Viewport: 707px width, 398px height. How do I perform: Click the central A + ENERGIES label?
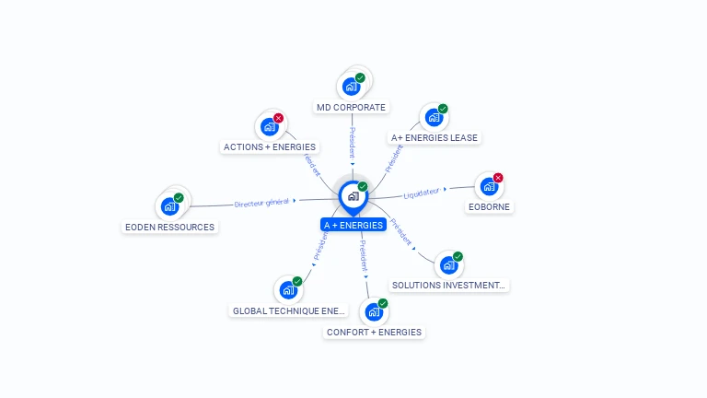(x=353, y=225)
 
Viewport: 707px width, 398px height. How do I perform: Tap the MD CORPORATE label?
(x=351, y=107)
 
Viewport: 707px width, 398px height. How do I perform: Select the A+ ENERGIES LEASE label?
(x=435, y=137)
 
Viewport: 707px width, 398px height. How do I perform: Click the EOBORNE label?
(x=489, y=206)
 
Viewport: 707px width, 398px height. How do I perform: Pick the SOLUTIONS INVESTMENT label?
(x=449, y=285)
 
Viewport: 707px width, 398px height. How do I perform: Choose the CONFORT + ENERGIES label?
(x=374, y=332)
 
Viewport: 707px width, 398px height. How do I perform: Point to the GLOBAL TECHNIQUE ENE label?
(x=289, y=310)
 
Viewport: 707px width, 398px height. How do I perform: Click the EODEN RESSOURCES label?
(x=169, y=227)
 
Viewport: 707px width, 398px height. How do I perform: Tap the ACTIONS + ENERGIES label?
(x=270, y=146)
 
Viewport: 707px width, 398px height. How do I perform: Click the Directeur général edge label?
(x=261, y=203)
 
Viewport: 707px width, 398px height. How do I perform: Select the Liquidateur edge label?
(x=422, y=193)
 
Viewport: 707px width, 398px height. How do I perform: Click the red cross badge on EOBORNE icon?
(x=498, y=178)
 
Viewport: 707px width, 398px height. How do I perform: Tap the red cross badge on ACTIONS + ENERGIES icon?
(x=278, y=118)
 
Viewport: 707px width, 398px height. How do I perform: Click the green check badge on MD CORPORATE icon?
(x=360, y=78)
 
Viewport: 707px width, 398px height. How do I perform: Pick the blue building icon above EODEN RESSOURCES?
(x=169, y=205)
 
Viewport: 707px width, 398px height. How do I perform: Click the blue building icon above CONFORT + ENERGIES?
(x=374, y=311)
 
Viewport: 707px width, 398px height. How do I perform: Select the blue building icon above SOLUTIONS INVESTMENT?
(x=448, y=265)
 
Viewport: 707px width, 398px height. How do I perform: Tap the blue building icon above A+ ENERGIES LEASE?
(x=434, y=118)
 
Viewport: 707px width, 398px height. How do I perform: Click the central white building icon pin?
(x=353, y=196)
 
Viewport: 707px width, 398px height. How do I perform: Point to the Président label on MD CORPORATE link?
(x=352, y=143)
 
